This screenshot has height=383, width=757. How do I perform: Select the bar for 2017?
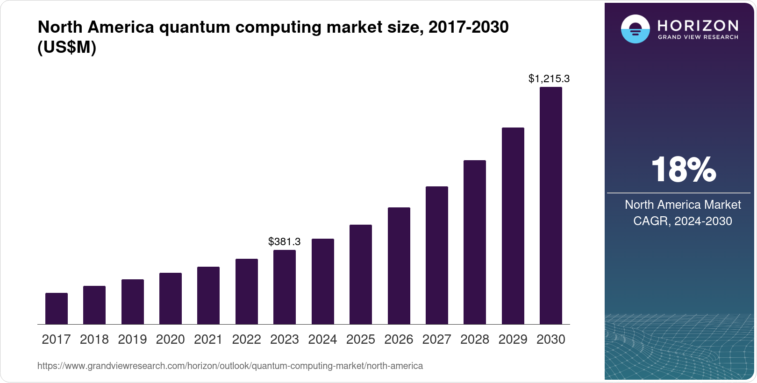57,308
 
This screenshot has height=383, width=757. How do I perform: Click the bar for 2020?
171,298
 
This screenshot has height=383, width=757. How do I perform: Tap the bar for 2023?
285,287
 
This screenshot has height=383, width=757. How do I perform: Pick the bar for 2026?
399,266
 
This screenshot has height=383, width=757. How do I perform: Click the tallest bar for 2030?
551,206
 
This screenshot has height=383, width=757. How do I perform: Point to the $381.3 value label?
284,241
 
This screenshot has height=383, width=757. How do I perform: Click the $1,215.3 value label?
549,78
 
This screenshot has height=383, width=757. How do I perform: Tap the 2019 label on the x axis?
132,339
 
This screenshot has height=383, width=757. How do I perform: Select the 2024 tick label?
322,339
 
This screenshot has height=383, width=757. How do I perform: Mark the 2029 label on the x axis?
513,339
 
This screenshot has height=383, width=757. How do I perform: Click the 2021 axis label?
208,339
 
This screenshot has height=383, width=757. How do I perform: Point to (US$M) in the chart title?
67,48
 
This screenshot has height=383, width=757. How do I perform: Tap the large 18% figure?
683,170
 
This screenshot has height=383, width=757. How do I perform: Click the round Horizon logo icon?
635,29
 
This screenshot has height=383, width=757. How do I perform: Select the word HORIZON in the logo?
698,25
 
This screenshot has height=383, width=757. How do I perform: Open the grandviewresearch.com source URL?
230,366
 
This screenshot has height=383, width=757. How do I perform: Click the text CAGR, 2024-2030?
682,221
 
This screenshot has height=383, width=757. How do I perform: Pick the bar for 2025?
361,274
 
